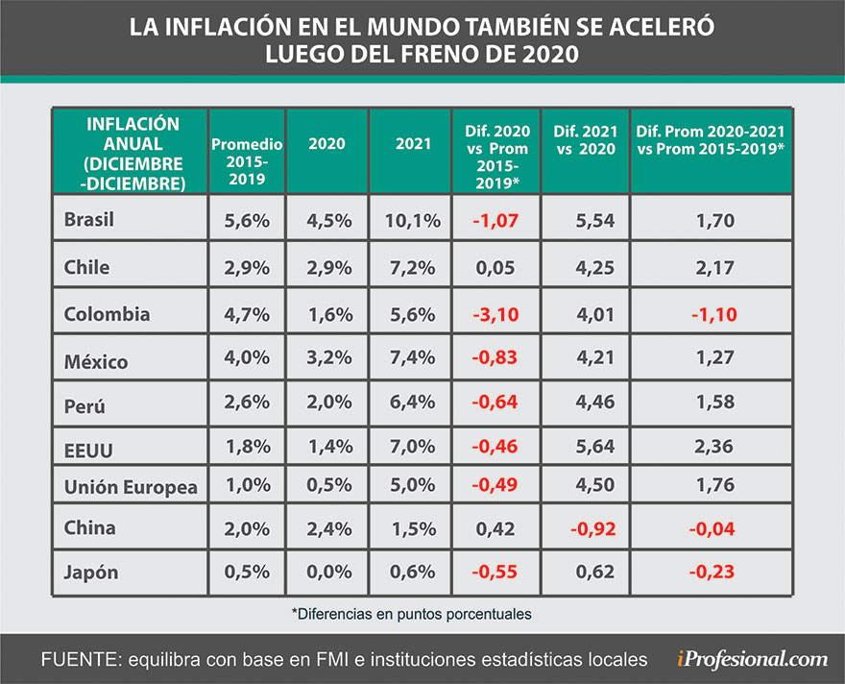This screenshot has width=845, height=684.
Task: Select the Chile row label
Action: tap(86, 267)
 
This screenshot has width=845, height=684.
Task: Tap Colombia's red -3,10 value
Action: tap(496, 314)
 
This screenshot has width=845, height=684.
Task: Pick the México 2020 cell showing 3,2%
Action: tap(327, 360)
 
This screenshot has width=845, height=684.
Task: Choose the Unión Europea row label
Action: tap(131, 487)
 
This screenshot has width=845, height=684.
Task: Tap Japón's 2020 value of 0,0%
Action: tap(327, 573)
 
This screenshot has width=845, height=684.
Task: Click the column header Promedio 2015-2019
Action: tap(247, 152)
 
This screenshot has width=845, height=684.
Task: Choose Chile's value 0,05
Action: tap(496, 267)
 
